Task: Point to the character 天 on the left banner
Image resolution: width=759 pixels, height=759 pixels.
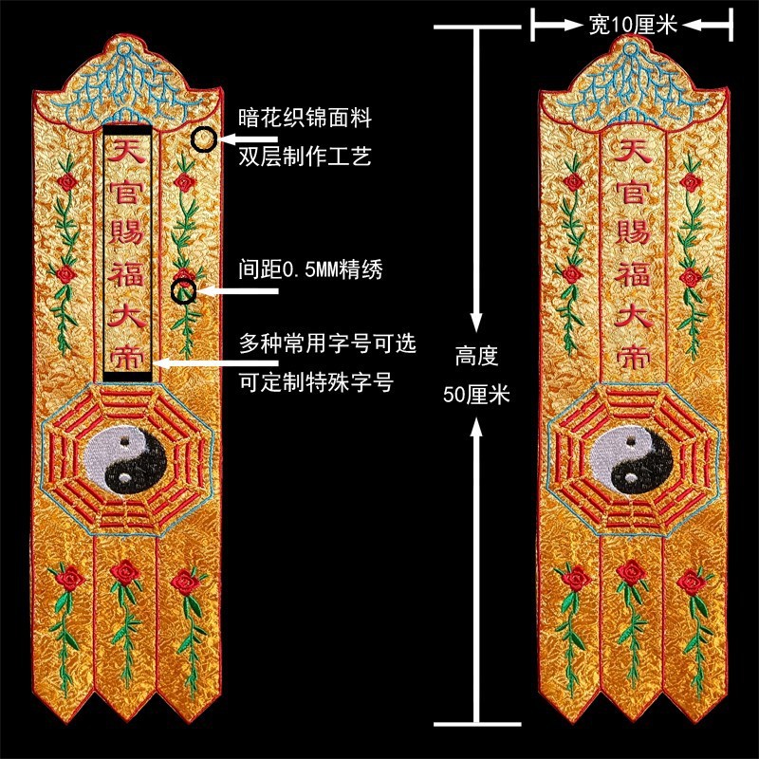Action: coord(127,152)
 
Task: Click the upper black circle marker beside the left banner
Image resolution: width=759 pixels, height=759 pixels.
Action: coord(203,140)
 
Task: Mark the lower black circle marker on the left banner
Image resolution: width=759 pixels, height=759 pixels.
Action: coord(185,290)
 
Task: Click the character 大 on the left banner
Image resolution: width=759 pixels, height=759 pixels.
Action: coord(127,314)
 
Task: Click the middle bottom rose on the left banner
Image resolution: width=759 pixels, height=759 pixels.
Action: coord(124,572)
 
